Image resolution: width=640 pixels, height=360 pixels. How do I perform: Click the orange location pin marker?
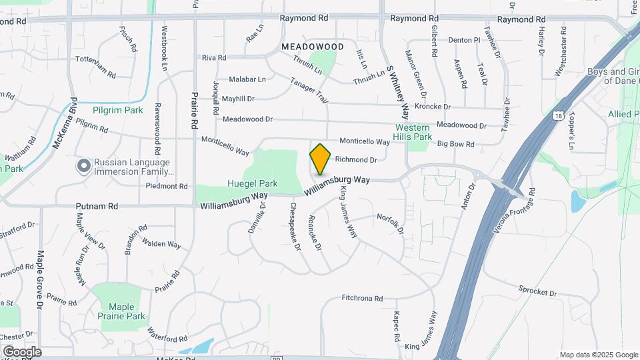click(321, 159)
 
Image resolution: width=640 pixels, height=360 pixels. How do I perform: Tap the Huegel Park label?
click(253, 183)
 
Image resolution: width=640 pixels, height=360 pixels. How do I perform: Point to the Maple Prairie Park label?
click(122, 311)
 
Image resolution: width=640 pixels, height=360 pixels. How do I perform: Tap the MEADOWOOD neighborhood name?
click(312, 47)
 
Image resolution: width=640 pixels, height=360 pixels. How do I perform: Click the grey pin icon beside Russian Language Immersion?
click(83, 166)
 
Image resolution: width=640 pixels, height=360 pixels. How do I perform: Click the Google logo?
click(21, 351)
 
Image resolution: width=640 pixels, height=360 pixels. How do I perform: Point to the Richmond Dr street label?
click(356, 159)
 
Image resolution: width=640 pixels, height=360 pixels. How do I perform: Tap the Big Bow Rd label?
click(455, 144)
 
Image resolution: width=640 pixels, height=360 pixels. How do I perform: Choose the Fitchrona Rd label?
click(362, 299)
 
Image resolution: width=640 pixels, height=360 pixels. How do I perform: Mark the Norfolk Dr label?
click(391, 223)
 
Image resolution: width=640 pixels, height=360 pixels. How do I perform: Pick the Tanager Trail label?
click(309, 91)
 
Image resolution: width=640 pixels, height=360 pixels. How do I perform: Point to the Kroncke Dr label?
click(433, 107)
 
